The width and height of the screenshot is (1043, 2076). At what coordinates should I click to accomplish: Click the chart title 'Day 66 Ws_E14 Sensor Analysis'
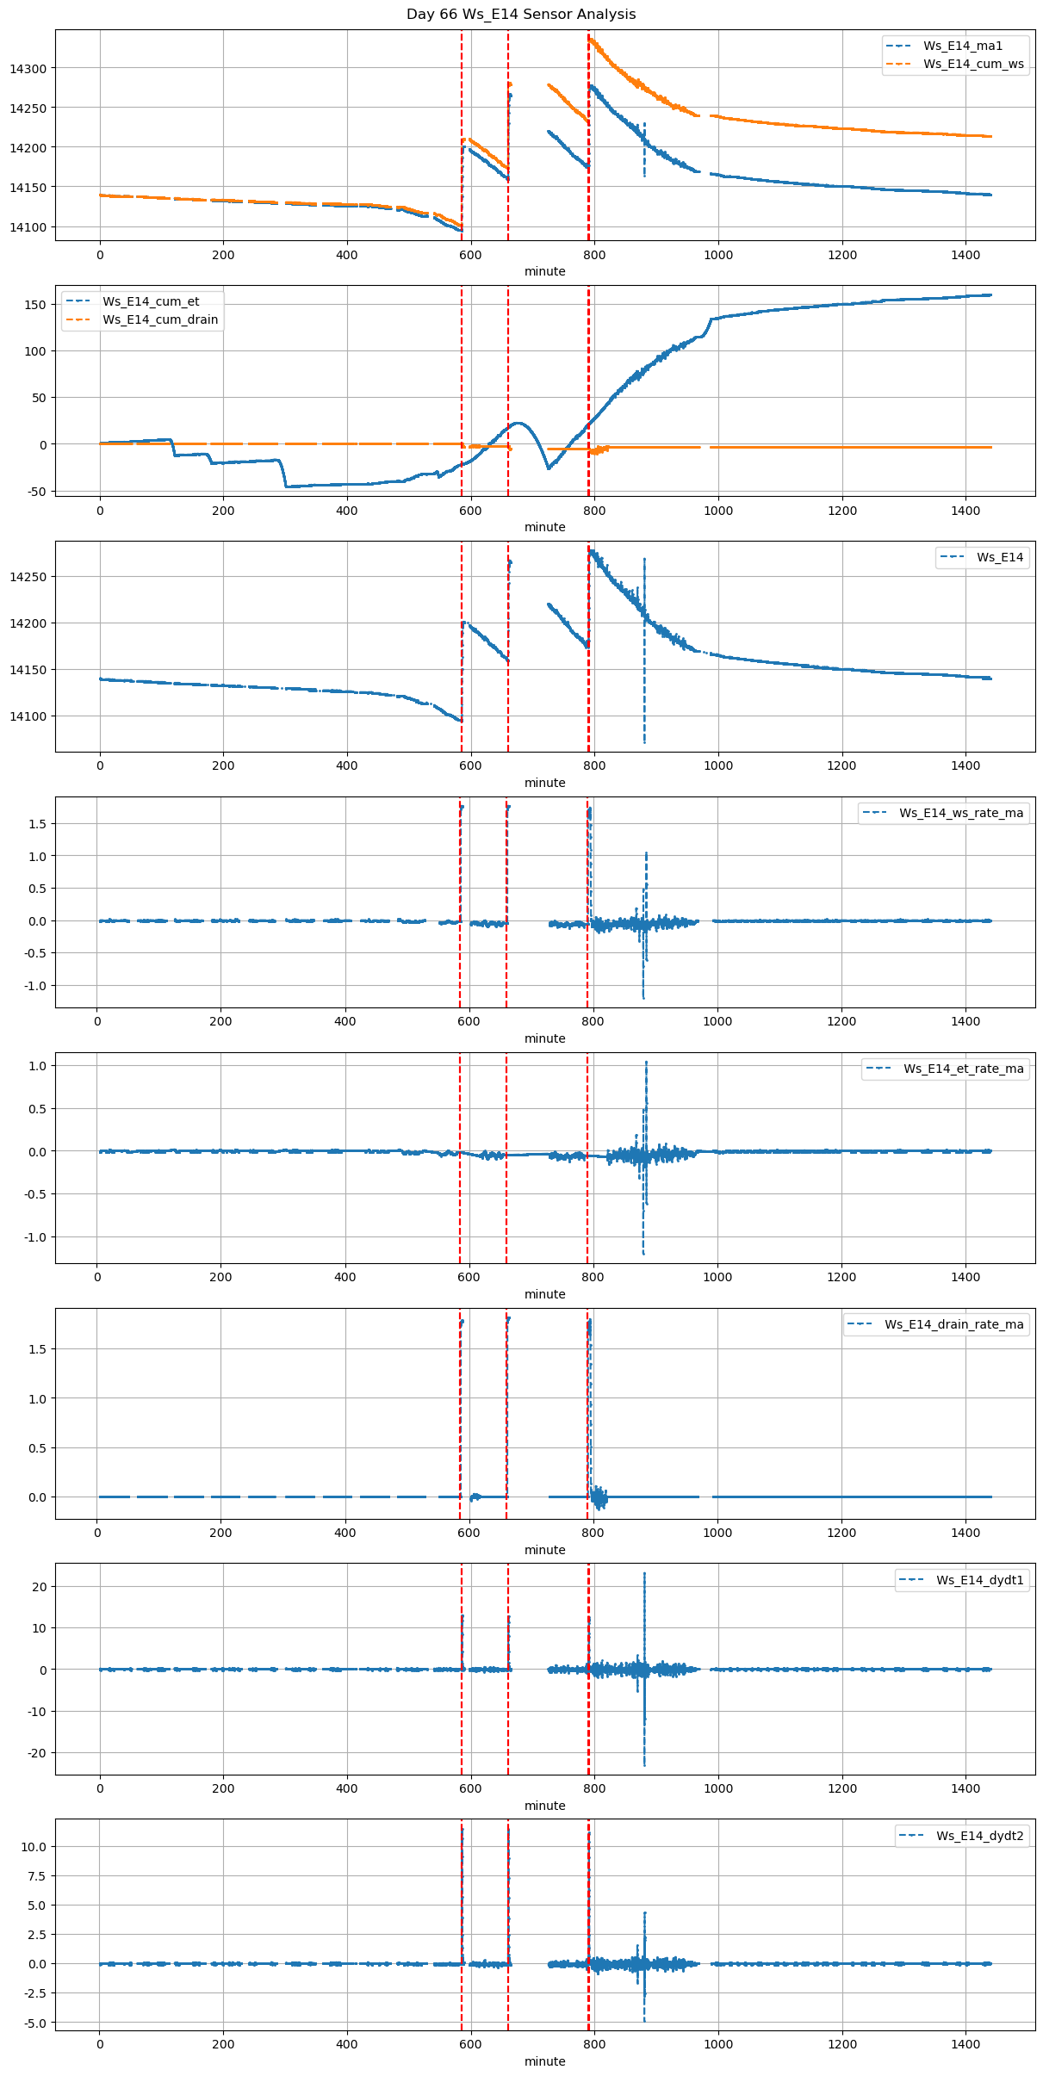(x=521, y=14)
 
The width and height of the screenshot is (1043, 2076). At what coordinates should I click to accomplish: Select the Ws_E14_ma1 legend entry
(x=963, y=46)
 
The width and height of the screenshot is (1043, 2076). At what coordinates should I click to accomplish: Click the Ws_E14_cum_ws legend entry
(x=973, y=64)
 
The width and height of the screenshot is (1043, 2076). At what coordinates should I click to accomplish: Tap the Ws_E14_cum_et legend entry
(x=151, y=301)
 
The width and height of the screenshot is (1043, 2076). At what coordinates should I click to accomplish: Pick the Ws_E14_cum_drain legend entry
(x=160, y=319)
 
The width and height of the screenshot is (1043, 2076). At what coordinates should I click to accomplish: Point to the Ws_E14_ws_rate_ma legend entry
(x=961, y=813)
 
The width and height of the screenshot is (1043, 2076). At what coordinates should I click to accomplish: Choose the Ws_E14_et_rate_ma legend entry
(x=963, y=1069)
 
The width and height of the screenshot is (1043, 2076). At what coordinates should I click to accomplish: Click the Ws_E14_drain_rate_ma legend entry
(x=954, y=1324)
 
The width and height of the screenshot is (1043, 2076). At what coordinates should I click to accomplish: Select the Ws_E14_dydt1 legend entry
(x=980, y=1580)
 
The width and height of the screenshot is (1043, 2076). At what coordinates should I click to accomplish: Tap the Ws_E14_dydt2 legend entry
(x=980, y=1836)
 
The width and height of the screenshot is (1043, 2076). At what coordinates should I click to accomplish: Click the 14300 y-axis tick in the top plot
(x=34, y=68)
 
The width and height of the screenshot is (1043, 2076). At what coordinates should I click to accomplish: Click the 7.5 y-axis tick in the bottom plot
(x=39, y=1875)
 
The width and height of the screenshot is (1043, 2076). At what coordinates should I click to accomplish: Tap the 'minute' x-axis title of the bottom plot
(x=545, y=2061)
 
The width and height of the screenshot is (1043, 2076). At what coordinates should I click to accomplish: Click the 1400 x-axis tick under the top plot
(x=965, y=255)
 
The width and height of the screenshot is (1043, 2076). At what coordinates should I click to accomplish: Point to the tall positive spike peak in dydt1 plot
(x=644, y=1574)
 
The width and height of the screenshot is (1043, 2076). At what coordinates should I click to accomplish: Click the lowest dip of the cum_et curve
(x=286, y=486)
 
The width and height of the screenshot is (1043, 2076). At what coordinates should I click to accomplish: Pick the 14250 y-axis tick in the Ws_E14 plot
(x=34, y=577)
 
